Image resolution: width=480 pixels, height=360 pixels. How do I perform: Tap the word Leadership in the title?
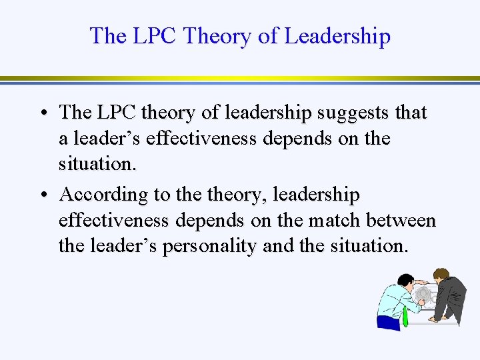pyautogui.click(x=337, y=36)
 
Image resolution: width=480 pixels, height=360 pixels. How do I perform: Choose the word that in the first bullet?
pyautogui.click(x=411, y=113)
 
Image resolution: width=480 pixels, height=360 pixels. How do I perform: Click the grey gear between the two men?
pyautogui.click(x=423, y=294)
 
